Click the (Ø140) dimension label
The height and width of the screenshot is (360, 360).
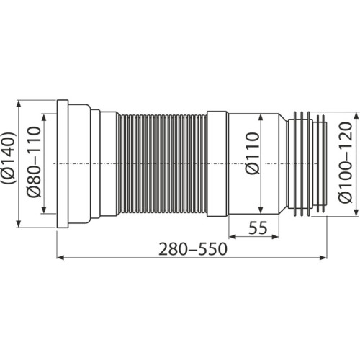tap(8, 164)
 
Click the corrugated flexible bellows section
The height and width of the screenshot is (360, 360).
tap(162, 164)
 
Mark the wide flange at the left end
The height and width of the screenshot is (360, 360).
tap(63, 164)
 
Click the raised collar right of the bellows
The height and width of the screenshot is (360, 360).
tap(217, 164)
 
